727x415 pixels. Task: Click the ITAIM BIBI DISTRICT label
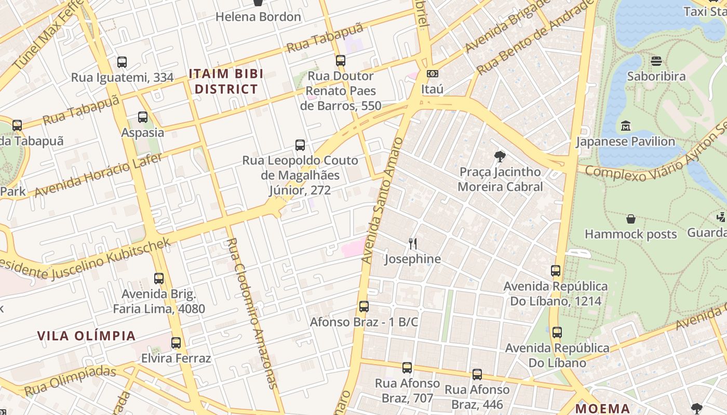coord(226,81)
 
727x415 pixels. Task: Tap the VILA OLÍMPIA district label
coord(86,336)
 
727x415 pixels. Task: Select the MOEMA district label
coord(602,408)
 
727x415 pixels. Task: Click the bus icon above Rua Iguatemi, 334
coord(122,62)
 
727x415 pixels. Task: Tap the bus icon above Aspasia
coord(143,117)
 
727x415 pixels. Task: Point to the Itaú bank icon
coord(432,74)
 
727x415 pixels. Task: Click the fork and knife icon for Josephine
coord(413,243)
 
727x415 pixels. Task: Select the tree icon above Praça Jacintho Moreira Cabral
coord(500,156)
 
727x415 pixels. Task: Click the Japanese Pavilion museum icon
coord(626,126)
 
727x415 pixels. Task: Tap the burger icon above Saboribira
coord(656,61)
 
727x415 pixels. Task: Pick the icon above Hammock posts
coord(631,219)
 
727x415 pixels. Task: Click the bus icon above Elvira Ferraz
coord(176,343)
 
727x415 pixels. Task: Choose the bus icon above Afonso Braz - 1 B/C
coord(364,307)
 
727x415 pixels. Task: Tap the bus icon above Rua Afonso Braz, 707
coord(407,368)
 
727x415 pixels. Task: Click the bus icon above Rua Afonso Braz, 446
coord(477,374)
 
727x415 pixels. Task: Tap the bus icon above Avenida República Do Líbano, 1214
coord(556,271)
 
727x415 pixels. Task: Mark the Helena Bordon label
coord(258,17)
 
